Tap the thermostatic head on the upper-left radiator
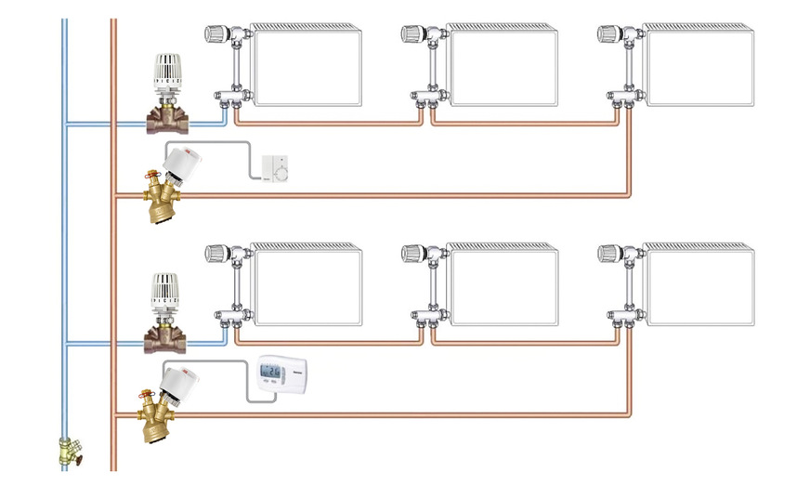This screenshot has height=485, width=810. (216, 34)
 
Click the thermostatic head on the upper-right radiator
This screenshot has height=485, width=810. (609, 34)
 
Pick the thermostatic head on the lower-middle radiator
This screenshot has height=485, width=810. (414, 254)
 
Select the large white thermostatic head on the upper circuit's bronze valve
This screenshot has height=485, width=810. (168, 73)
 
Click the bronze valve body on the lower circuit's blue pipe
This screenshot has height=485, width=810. (166, 336)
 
